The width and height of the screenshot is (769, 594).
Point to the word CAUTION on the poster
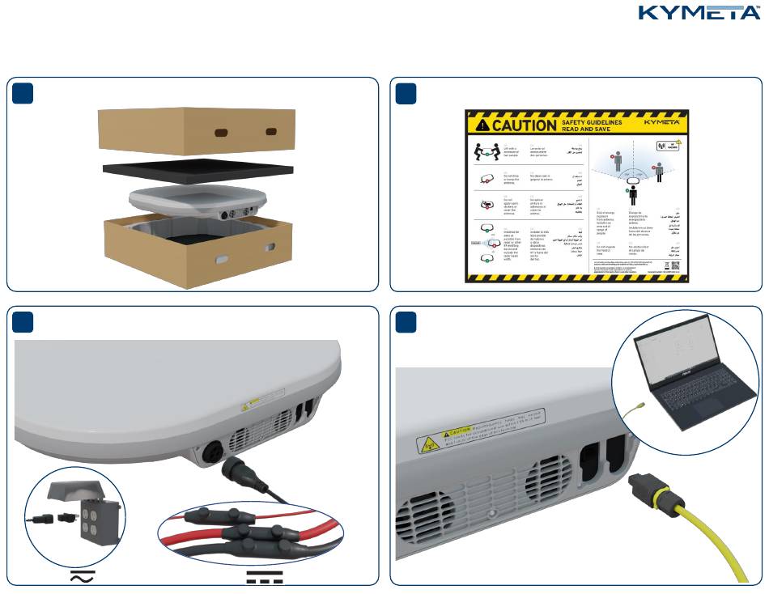tap(513, 125)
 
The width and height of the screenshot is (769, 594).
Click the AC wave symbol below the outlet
tap(83, 576)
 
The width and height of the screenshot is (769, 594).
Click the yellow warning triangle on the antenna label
tap(427, 444)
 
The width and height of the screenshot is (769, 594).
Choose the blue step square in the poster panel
tap(406, 93)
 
